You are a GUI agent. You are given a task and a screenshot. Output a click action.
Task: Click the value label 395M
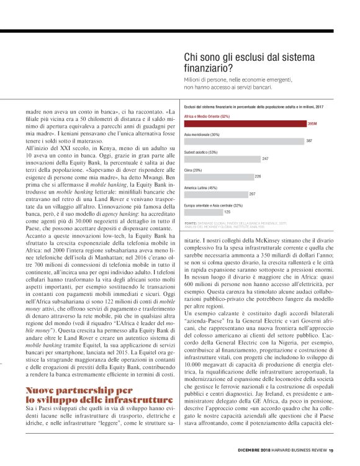[x=312, y=124]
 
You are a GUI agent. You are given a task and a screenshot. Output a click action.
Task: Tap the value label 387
[x=309, y=141]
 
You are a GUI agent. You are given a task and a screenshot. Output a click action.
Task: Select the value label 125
[x=227, y=212]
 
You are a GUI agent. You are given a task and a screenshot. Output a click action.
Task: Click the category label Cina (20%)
[x=194, y=169]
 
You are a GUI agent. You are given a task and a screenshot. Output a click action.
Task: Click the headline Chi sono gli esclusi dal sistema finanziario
[x=254, y=62]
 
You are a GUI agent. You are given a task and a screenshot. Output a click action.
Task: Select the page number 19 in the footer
[x=331, y=450]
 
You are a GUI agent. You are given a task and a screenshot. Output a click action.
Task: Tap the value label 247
[x=265, y=159]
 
